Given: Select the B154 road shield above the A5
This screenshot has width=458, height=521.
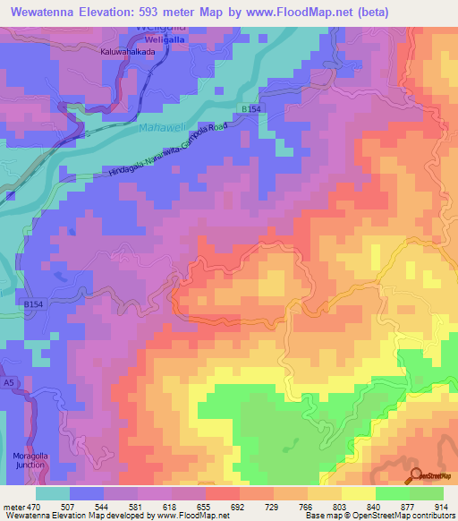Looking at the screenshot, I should coord(33,305).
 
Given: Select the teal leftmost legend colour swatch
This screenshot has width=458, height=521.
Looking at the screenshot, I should coord(53,493).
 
